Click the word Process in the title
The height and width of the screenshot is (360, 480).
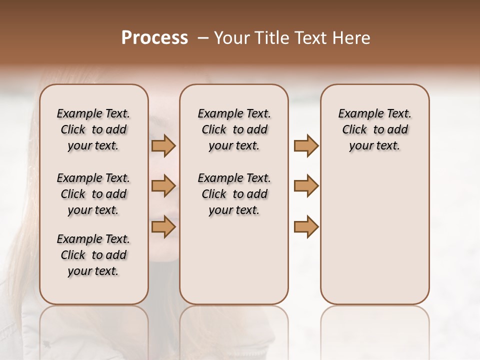pyautogui.click(x=154, y=38)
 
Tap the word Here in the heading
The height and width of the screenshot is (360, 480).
pyautogui.click(x=351, y=38)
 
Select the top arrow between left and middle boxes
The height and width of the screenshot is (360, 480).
pyautogui.click(x=163, y=146)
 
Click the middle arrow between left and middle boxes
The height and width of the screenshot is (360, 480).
pyautogui.click(x=163, y=186)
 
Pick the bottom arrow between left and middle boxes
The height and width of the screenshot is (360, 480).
pyautogui.click(x=163, y=226)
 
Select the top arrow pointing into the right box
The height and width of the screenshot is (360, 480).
pyautogui.click(x=306, y=146)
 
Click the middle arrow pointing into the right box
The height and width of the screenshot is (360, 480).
pyautogui.click(x=306, y=186)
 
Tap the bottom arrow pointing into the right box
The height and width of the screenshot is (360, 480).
pyautogui.click(x=306, y=226)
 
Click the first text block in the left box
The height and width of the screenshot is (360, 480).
pyautogui.click(x=93, y=129)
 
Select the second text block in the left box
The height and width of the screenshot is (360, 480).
pyautogui.click(x=93, y=194)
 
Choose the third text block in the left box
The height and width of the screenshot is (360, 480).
pyautogui.click(x=93, y=255)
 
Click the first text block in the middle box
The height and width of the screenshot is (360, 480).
pyautogui.click(x=234, y=129)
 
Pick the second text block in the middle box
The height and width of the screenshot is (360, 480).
pyautogui.click(x=234, y=194)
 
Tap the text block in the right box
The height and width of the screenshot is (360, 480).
pyautogui.click(x=374, y=129)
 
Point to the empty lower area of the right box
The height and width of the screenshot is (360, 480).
pyautogui.click(x=374, y=240)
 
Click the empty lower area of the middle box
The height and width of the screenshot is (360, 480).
pyautogui.click(x=234, y=260)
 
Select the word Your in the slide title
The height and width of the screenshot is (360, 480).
pyautogui.click(x=231, y=38)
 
